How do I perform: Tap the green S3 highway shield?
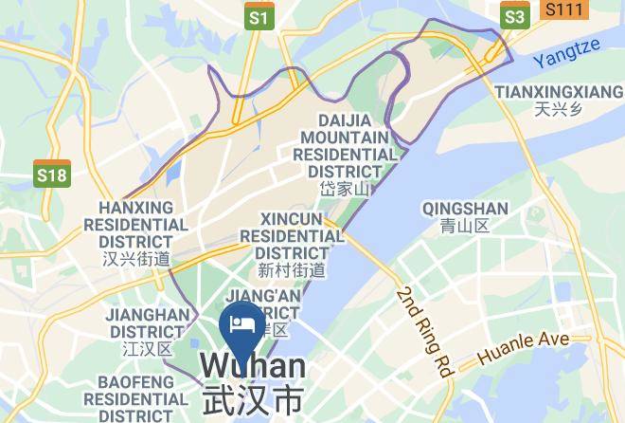coord(514,16)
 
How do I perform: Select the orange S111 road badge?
coord(566,9)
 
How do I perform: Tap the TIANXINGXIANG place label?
coord(554,92)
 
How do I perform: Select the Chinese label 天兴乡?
coord(554,109)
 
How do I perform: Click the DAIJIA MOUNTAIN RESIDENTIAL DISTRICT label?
coord(345,146)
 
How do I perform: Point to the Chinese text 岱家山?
coord(345,189)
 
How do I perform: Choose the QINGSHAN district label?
coord(465,209)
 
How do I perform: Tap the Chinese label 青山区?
coord(465,226)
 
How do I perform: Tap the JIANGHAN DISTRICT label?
coord(147,323)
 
